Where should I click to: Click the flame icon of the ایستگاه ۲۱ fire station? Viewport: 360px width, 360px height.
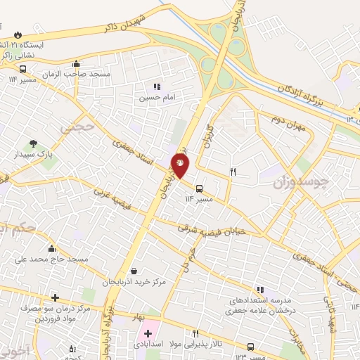[x=18, y=34]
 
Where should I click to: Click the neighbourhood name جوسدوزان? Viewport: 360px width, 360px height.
[x=300, y=183]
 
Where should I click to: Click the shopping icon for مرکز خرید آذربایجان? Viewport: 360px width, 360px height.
[x=134, y=271]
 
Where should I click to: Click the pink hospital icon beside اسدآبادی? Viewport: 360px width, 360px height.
[x=148, y=333]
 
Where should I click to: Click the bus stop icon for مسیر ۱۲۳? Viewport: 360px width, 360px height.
[x=252, y=346]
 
